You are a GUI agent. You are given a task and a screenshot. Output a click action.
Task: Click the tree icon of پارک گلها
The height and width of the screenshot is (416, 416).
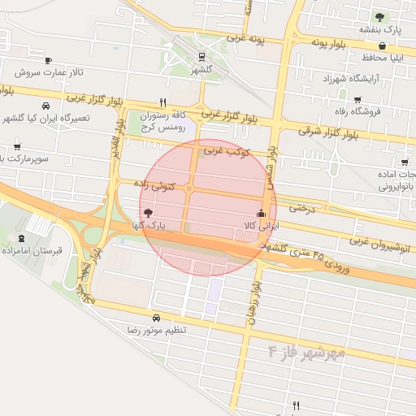pos(146,211)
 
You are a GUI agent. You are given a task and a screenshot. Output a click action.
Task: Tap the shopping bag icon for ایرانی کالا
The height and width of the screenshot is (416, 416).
pos(261,212)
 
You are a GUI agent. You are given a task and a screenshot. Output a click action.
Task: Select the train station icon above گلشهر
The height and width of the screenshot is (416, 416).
pos(200,56)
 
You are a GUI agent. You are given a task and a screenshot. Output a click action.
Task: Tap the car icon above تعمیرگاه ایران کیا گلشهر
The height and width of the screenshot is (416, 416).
pos(45,106)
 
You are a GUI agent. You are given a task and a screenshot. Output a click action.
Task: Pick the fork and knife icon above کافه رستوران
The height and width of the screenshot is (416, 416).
pos(163,102)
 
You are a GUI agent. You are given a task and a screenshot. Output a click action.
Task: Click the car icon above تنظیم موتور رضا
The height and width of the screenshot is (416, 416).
pos(156,318)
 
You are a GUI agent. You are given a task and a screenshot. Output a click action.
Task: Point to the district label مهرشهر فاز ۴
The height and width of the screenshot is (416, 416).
pos(306,352)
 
